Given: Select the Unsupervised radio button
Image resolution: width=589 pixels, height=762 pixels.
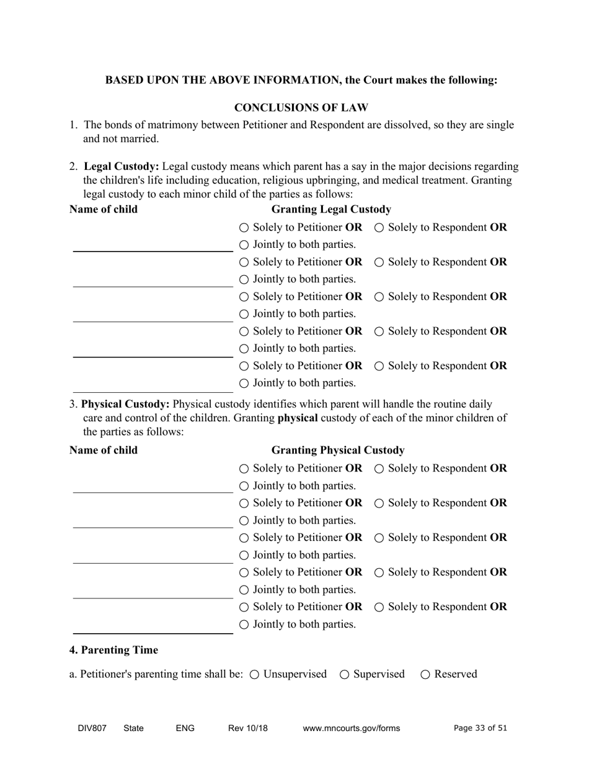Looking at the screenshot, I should pyautogui.click(x=254, y=675).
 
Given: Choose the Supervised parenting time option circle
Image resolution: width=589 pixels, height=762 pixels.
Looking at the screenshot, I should pyautogui.click(x=345, y=675).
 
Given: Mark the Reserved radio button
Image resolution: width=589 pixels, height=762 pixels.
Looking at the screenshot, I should pyautogui.click(x=425, y=675).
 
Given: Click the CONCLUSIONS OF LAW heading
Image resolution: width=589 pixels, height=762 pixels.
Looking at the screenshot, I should pyautogui.click(x=301, y=108).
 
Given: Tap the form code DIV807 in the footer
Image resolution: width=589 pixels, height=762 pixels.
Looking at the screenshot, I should pyautogui.click(x=92, y=729).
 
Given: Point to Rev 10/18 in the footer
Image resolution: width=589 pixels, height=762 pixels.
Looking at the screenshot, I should pyautogui.click(x=248, y=729).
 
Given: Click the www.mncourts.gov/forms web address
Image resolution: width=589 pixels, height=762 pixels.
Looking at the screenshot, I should pyautogui.click(x=352, y=729).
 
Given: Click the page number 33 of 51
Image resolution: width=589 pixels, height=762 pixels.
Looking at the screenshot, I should pyautogui.click(x=480, y=729).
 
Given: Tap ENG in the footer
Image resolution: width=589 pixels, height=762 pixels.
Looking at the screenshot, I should pyautogui.click(x=185, y=729).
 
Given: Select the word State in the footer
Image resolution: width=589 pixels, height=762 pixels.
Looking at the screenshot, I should pyautogui.click(x=134, y=729).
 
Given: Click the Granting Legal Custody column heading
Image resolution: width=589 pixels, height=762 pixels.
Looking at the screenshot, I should pyautogui.click(x=332, y=209).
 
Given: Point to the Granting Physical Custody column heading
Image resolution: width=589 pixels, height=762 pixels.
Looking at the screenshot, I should pyautogui.click(x=338, y=450).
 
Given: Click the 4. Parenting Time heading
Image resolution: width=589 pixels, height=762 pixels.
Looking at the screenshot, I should pyautogui.click(x=113, y=650).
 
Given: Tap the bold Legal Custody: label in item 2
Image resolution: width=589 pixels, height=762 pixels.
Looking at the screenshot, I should pyautogui.click(x=122, y=167).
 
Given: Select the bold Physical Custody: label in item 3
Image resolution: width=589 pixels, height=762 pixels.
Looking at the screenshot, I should pyautogui.click(x=125, y=405).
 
